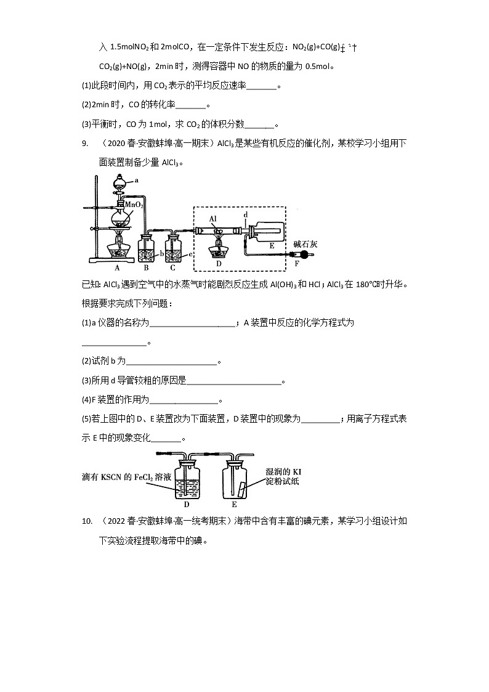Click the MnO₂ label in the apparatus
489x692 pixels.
tap(134, 205)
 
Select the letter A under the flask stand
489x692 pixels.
tap(117, 268)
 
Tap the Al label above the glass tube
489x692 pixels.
tap(213, 219)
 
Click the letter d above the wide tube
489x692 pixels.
tap(246, 214)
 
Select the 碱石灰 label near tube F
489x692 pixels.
tap(305, 244)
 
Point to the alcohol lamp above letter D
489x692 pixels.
tap(219, 251)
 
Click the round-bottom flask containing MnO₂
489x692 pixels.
tap(120, 219)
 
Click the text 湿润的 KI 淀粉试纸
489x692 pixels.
tap(283, 476)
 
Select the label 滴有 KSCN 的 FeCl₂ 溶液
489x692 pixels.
tap(126, 477)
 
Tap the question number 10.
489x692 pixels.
tap(87, 521)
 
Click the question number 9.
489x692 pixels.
tap(85, 144)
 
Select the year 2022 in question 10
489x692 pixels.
tap(116, 521)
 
